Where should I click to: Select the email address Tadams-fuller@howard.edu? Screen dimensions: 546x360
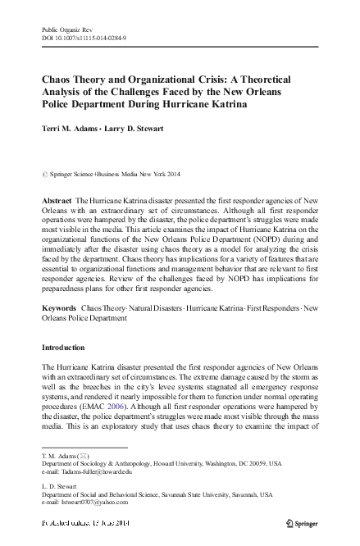click(x=91, y=471)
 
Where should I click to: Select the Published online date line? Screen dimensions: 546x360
click(x=94, y=521)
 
